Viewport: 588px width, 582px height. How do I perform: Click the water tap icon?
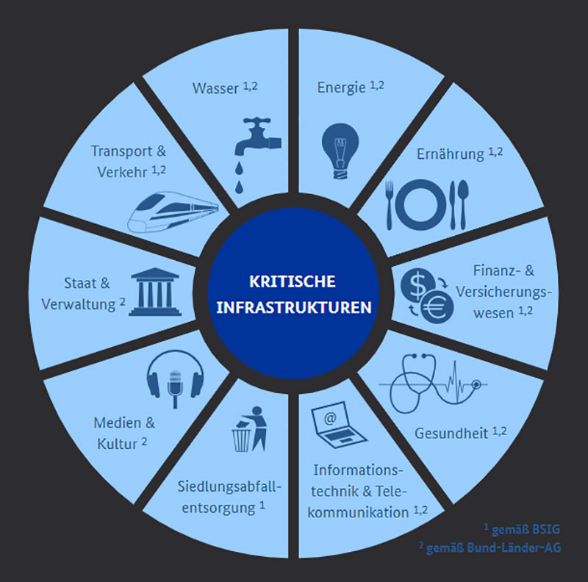(x=257, y=155)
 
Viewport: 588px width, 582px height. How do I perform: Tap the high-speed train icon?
(x=173, y=212)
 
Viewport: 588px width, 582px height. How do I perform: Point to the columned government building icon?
(x=155, y=292)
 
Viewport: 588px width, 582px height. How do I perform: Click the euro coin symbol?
(x=436, y=307)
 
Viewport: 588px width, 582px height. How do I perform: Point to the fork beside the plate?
(x=390, y=205)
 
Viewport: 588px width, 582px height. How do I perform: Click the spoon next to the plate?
(x=463, y=204)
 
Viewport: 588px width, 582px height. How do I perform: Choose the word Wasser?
(x=215, y=88)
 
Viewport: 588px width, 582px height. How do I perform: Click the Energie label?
(x=341, y=88)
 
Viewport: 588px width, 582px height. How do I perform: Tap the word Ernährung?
(x=451, y=154)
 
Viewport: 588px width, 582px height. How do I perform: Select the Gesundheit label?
(x=451, y=434)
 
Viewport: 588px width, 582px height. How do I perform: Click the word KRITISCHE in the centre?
(x=293, y=282)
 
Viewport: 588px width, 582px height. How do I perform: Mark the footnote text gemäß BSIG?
(x=526, y=530)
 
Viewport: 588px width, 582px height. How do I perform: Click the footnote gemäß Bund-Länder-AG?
(x=493, y=548)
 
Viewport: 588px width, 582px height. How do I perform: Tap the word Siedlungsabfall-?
(x=229, y=487)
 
